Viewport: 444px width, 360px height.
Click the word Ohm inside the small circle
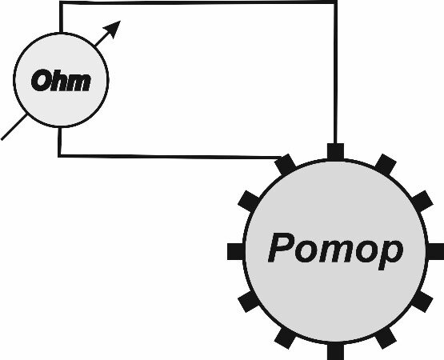point(61,81)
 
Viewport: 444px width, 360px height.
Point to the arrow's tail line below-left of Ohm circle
point(14,127)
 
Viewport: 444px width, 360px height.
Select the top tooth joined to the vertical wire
point(335,152)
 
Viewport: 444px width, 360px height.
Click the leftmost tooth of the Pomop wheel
point(235,251)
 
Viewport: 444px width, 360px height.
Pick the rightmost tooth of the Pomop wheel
point(435,251)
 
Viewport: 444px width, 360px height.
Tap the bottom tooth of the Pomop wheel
point(335,351)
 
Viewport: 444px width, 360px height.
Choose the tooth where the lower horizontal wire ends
point(286,165)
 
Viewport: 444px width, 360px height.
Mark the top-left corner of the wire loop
point(61,3)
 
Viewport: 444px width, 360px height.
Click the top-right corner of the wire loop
point(335,3)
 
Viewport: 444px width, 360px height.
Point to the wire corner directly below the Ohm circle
point(60,155)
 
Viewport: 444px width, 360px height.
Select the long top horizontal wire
point(198,3)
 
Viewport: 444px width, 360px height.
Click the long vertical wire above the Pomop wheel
point(335,73)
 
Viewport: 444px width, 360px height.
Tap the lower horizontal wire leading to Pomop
point(170,156)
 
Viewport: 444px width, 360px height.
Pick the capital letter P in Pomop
point(280,247)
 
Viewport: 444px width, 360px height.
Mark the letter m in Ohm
point(81,82)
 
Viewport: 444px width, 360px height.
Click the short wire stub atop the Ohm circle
point(61,18)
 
